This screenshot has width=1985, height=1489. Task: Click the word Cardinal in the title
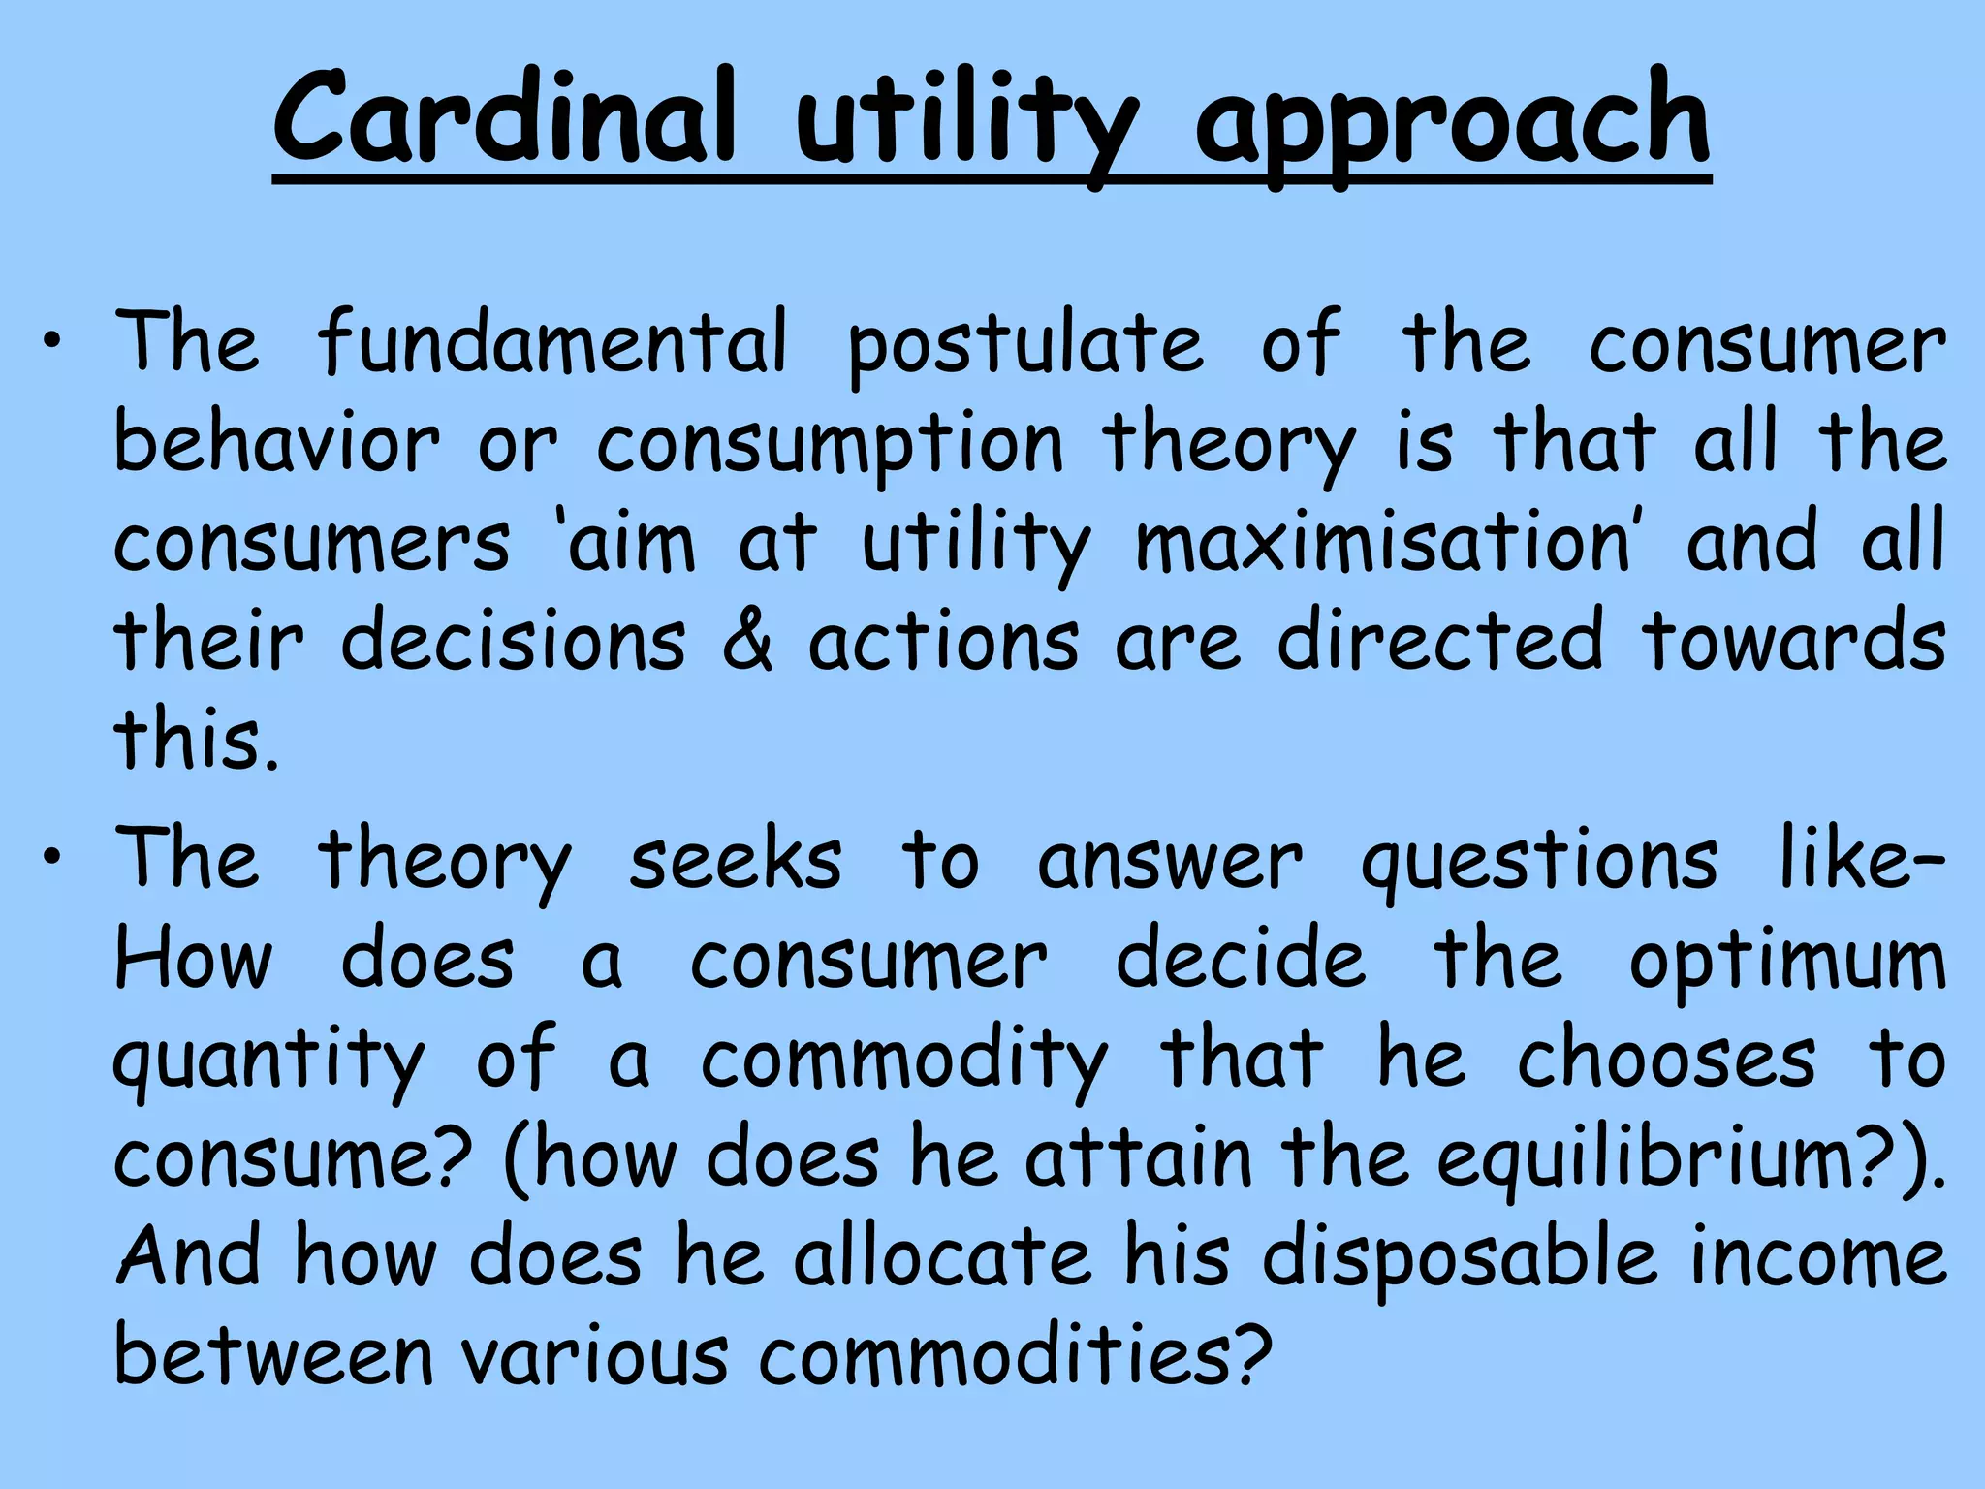click(x=504, y=121)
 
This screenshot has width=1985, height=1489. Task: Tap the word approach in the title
click(x=1453, y=126)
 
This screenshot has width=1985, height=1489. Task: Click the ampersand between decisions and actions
click(x=748, y=641)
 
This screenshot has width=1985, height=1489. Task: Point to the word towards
click(x=1794, y=641)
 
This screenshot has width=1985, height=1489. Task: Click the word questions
click(x=1540, y=863)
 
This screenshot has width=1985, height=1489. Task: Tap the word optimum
click(x=1787, y=964)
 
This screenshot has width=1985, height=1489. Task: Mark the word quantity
click(x=270, y=1062)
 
